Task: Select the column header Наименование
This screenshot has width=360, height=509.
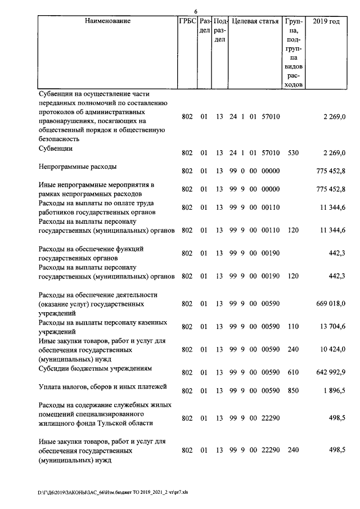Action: tap(107, 21)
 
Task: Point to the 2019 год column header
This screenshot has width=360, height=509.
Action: tap(326, 21)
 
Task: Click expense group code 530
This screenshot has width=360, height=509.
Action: tap(292, 152)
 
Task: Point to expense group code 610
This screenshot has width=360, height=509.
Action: tap(292, 372)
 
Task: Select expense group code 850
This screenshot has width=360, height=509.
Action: tap(292, 390)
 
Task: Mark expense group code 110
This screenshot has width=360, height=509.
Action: tap(292, 327)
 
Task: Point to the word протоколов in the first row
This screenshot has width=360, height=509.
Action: tap(56, 111)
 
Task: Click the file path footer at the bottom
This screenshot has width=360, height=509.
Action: tap(113, 491)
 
